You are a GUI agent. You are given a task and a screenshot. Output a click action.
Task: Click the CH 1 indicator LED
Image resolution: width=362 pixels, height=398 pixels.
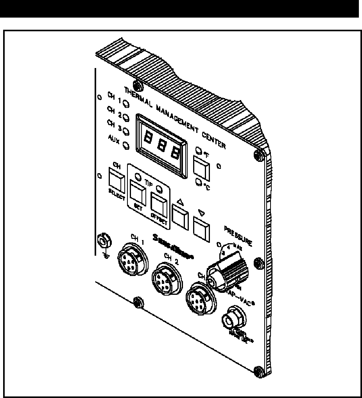pyautogui.click(x=127, y=104)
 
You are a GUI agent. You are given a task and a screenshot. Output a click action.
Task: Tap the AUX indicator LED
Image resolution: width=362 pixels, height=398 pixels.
pyautogui.click(x=126, y=145)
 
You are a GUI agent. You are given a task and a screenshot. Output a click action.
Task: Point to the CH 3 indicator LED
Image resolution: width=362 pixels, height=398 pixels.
pyautogui.click(x=126, y=131)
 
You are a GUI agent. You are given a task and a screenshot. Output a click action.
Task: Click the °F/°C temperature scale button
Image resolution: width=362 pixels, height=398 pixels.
pyautogui.click(x=201, y=165)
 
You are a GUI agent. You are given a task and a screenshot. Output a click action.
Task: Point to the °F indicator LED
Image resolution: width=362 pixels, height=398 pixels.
pyautogui.click(x=199, y=150)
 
